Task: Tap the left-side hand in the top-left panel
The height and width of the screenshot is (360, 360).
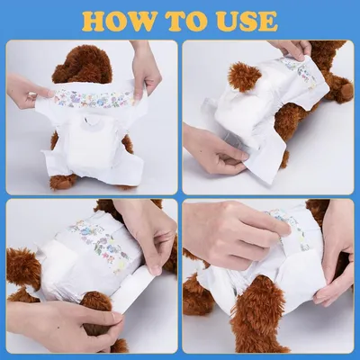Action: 27,90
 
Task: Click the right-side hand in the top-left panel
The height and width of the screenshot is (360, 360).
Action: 146,70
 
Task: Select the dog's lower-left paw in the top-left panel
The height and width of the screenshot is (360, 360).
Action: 61,180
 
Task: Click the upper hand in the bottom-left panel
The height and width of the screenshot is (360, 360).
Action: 148,229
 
